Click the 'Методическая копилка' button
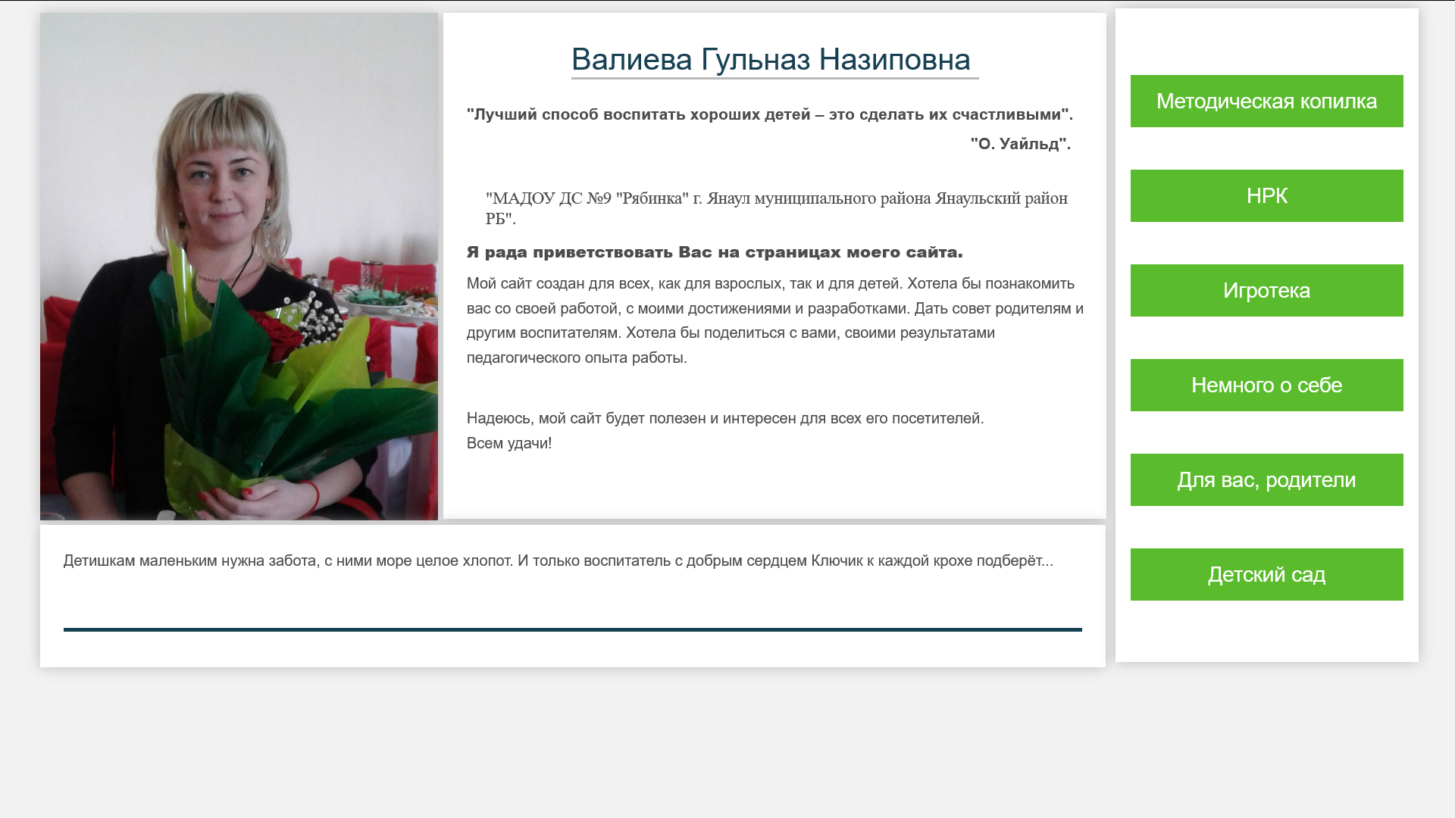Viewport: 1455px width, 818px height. coord(1266,101)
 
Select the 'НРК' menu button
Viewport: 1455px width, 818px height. coord(1266,195)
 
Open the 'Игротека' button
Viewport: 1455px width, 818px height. coord(1266,290)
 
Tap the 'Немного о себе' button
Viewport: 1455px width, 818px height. coord(1266,385)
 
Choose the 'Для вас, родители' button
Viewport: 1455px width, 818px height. coord(1266,479)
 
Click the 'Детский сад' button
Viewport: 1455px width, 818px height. coord(1266,574)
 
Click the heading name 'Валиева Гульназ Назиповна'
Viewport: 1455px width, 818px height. coord(771,60)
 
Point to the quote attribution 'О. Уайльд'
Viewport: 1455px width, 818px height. coord(1019,144)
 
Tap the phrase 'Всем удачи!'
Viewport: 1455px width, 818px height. coord(509,443)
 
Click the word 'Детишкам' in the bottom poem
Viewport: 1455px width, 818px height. coord(99,560)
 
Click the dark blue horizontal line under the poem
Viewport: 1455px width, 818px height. coord(573,629)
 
